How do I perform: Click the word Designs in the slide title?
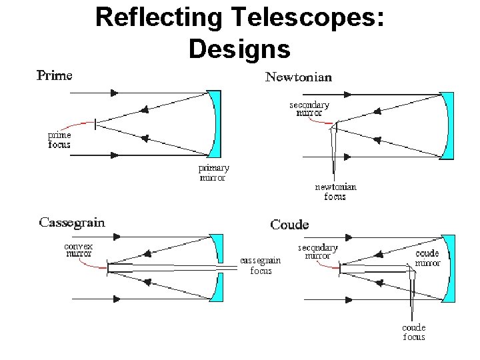pos(239,48)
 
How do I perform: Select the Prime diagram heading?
pos(54,75)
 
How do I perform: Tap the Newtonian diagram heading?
pos(299,77)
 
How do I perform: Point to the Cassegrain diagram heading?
pos(72,223)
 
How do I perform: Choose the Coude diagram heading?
pos(289,225)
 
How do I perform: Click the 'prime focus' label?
pos(59,139)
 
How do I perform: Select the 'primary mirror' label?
pos(214,173)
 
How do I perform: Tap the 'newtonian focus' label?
pos(335,191)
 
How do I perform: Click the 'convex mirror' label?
pos(78,249)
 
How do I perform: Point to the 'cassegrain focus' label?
pos(261,265)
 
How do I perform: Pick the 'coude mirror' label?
pos(427,258)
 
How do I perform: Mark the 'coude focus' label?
pos(413,332)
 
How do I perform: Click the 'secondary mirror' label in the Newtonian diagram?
pos(309,109)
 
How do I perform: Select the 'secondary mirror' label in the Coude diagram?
pos(317,251)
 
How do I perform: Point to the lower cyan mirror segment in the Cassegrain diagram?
pos(216,288)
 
